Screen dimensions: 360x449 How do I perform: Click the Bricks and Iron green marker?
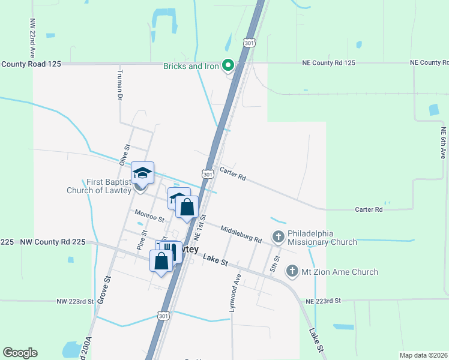pyautogui.click(x=228, y=65)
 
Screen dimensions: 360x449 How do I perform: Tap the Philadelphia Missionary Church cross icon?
pyautogui.click(x=278, y=236)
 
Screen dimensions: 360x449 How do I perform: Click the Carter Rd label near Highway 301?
pyautogui.click(x=233, y=174)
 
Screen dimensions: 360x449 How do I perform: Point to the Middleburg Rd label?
pyautogui.click(x=241, y=234)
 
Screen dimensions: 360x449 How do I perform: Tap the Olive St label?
pyautogui.click(x=125, y=155)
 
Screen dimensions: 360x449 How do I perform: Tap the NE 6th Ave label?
pyautogui.click(x=443, y=142)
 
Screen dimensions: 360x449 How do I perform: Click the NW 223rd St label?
pyautogui.click(x=75, y=301)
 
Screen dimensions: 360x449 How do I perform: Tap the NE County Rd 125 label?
pyautogui.click(x=330, y=62)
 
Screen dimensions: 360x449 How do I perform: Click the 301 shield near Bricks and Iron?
pyautogui.click(x=249, y=43)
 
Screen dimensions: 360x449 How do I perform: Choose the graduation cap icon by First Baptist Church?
pyautogui.click(x=142, y=173)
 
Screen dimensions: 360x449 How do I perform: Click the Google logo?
pyautogui.click(x=20, y=353)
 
